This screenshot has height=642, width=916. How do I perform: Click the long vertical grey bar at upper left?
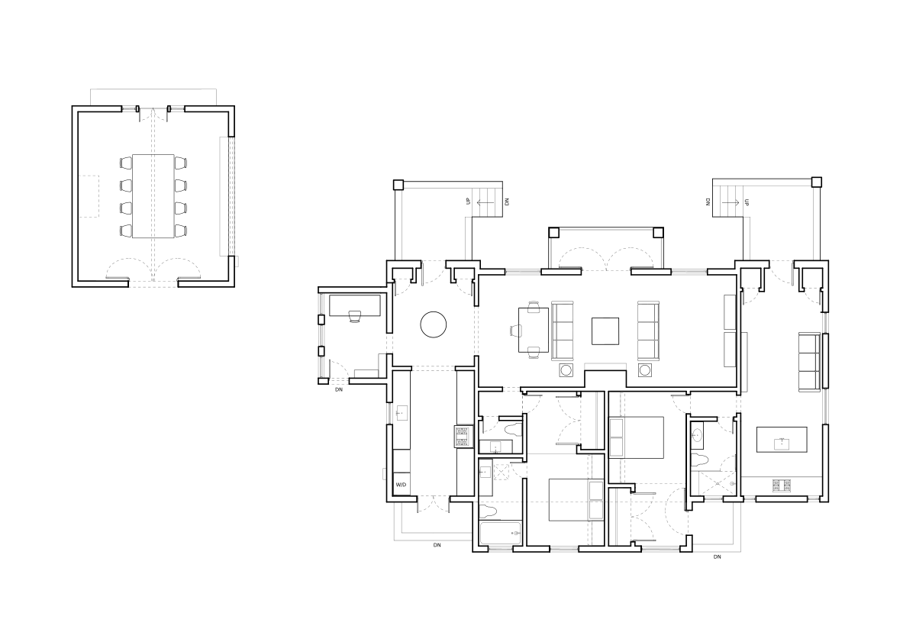pyautogui.click(x=220, y=195)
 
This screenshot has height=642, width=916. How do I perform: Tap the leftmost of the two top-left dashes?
pyautogui.click(x=128, y=111)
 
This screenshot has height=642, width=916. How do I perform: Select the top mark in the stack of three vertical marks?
pyautogui.click(x=323, y=304)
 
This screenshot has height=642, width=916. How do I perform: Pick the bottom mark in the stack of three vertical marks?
pyautogui.click(x=323, y=366)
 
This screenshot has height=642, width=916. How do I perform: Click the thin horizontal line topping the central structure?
pyautogui.click(x=606, y=229)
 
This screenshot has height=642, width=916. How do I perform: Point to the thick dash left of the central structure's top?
pyautogui.click(x=524, y=276)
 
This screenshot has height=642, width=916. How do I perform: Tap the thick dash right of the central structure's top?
pyautogui.click(x=689, y=276)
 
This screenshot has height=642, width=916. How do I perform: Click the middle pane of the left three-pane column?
pyautogui.click(x=563, y=330)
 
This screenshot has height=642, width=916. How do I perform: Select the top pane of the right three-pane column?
pyautogui.click(x=647, y=310)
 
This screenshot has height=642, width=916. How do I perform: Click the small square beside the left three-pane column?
pyautogui.click(x=515, y=331)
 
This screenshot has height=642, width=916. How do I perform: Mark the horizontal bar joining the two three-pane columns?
pyautogui.click(x=605, y=364)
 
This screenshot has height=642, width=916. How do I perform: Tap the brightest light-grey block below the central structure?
pyautogui.click(x=619, y=437)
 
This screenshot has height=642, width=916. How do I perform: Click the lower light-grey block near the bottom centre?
pyautogui.click(x=595, y=499)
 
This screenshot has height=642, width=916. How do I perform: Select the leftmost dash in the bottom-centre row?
pyautogui.click(x=500, y=550)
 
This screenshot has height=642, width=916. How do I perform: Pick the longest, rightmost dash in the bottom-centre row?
pyautogui.click(x=660, y=550)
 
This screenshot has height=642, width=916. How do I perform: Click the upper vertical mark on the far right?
pyautogui.click(x=823, y=322)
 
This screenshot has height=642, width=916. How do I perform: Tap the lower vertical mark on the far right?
pyautogui.click(x=823, y=406)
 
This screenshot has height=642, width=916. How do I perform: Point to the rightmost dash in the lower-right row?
pyautogui.click(x=813, y=502)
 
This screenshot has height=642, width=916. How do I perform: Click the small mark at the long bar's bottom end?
pyautogui.click(x=240, y=260)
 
